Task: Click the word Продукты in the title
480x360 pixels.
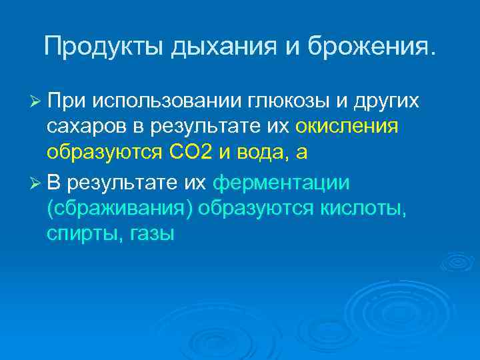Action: click(105, 46)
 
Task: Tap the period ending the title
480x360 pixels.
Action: click(436, 54)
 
